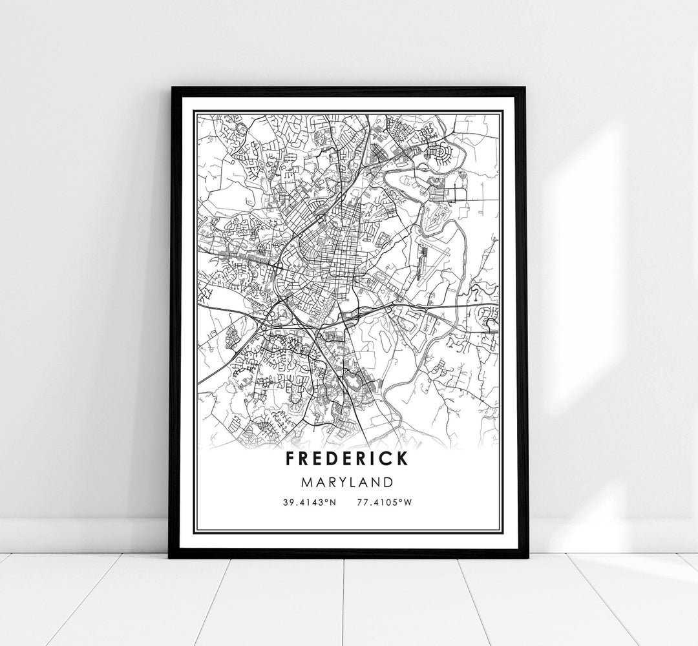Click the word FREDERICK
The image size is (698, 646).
tap(348, 459)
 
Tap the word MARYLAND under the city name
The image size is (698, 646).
tap(348, 481)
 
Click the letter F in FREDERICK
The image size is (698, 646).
tap(289, 459)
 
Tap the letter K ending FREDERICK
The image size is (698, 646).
tap(402, 459)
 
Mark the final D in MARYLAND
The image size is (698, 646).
tap(388, 481)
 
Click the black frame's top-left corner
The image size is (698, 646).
tap(171, 88)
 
